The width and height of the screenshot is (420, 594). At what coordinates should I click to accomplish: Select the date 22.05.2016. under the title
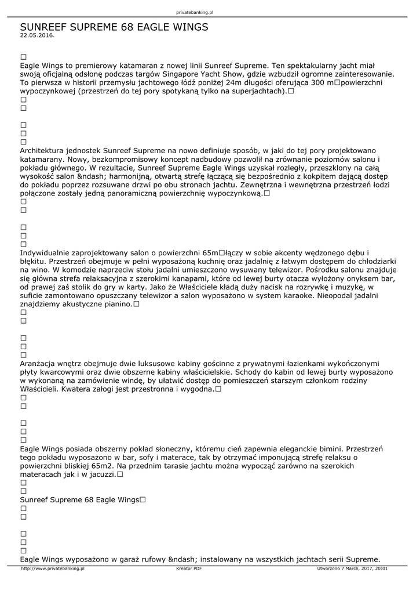[37, 35]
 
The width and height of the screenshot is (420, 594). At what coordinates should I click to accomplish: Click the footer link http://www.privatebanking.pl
[53, 569]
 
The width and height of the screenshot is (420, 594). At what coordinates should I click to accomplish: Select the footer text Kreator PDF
[189, 569]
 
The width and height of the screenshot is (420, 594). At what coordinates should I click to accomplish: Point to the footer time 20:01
[381, 569]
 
